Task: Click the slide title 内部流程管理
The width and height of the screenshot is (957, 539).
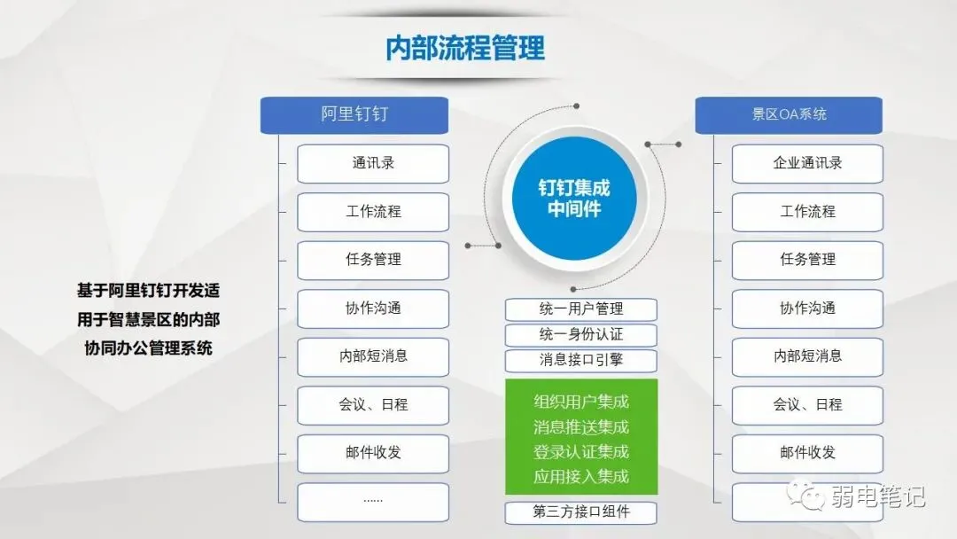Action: (465, 48)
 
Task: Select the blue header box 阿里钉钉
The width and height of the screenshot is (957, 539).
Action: (354, 114)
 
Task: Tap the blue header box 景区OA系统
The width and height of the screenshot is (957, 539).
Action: (789, 114)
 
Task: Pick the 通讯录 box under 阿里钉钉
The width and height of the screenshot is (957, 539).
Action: (373, 163)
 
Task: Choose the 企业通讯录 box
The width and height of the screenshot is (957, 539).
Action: (807, 163)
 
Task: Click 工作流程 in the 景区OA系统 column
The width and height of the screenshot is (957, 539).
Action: (807, 212)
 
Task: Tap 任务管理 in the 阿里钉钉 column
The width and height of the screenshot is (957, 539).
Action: (373, 260)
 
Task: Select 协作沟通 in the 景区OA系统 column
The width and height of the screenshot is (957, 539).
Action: (807, 309)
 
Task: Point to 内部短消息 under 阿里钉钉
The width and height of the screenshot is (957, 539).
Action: (373, 356)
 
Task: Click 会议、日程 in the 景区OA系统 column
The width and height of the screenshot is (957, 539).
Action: (807, 405)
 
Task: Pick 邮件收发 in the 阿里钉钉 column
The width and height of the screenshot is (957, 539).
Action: (373, 453)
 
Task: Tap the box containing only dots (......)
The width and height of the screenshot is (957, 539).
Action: (373, 501)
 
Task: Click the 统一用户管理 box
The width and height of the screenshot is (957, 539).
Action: (581, 309)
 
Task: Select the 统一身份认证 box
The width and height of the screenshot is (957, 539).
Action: (581, 335)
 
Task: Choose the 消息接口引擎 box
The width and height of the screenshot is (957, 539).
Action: (581, 361)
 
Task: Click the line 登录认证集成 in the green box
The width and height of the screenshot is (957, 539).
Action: (581, 452)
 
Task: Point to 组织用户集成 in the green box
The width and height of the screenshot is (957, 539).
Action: (581, 402)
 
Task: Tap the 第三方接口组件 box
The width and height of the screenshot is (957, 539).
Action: (581, 512)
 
